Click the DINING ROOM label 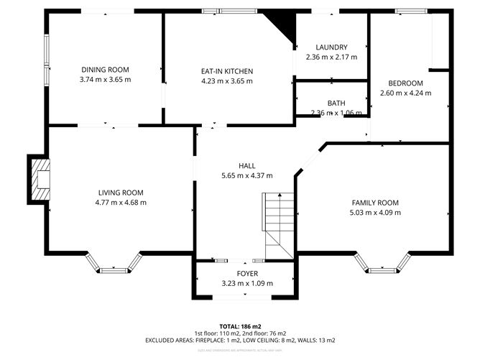[106, 70]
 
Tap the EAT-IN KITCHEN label [226, 71]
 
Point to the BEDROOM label [405, 83]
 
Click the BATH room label [336, 103]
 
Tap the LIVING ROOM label [121, 193]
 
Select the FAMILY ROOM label [374, 203]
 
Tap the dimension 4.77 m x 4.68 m [121, 203]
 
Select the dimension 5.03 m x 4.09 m [374, 213]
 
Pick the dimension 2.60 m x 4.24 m [405, 93]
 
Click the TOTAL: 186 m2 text [241, 326]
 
